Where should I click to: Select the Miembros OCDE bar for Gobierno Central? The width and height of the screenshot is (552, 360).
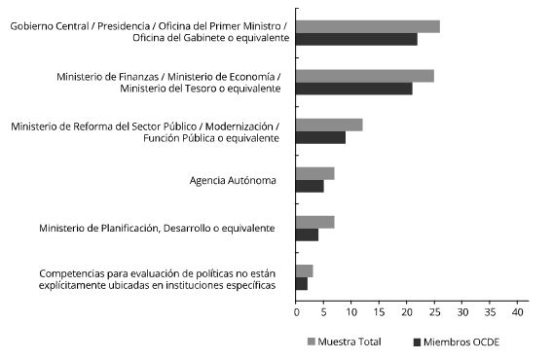tap(356, 39)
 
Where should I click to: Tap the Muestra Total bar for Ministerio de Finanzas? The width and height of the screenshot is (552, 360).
tap(365, 75)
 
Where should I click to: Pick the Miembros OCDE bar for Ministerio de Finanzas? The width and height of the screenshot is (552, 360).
tap(354, 89)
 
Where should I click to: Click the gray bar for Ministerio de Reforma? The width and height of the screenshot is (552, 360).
tap(329, 125)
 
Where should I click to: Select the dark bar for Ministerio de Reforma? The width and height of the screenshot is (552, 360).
tap(320, 137)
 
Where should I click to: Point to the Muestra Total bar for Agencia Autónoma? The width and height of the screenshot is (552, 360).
tap(315, 173)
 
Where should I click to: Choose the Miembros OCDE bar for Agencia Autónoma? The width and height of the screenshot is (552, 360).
tap(310, 186)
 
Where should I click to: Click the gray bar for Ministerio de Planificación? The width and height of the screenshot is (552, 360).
tap(315, 222)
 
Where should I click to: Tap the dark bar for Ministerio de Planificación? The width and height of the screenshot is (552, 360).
tap(307, 234)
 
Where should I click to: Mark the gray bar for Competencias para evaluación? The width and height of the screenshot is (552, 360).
tap(304, 270)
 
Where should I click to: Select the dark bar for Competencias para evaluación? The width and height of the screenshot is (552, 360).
tap(302, 283)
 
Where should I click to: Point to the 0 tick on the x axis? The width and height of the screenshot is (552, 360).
tap(296, 312)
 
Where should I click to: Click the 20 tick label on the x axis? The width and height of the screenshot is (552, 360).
tap(408, 312)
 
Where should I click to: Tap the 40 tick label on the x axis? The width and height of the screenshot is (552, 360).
tap(520, 312)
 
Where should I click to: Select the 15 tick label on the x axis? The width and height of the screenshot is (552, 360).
tap(380, 312)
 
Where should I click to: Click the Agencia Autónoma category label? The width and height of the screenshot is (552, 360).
tap(233, 180)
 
